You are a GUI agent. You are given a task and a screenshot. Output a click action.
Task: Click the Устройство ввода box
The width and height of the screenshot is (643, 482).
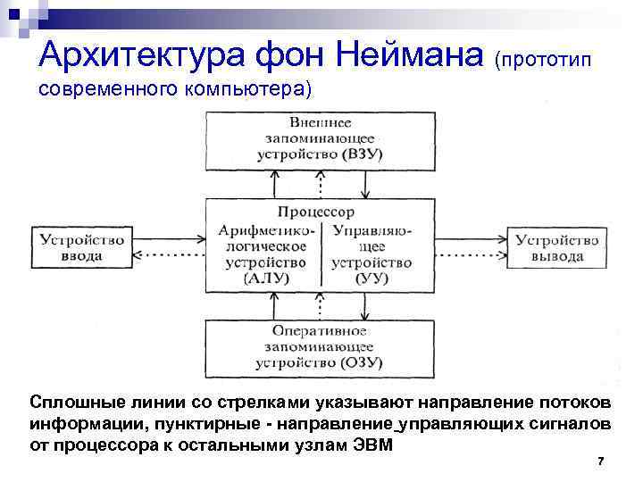tap(83, 247)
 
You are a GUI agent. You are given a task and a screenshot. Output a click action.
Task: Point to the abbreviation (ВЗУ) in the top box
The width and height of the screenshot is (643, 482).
tap(362, 154)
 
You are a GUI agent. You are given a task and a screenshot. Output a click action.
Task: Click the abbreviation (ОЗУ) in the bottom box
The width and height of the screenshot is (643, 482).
tap(362, 363)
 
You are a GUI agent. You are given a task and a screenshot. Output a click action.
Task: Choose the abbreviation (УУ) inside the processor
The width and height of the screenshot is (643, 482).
tap(371, 278)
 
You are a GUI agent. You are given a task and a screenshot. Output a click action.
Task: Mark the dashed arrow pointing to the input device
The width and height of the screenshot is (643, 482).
tap(171, 258)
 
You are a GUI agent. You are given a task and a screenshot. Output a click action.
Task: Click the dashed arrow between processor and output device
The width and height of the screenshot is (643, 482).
tap(472, 258)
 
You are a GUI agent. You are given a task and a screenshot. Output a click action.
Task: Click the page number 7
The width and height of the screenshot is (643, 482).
tap(600, 461)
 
